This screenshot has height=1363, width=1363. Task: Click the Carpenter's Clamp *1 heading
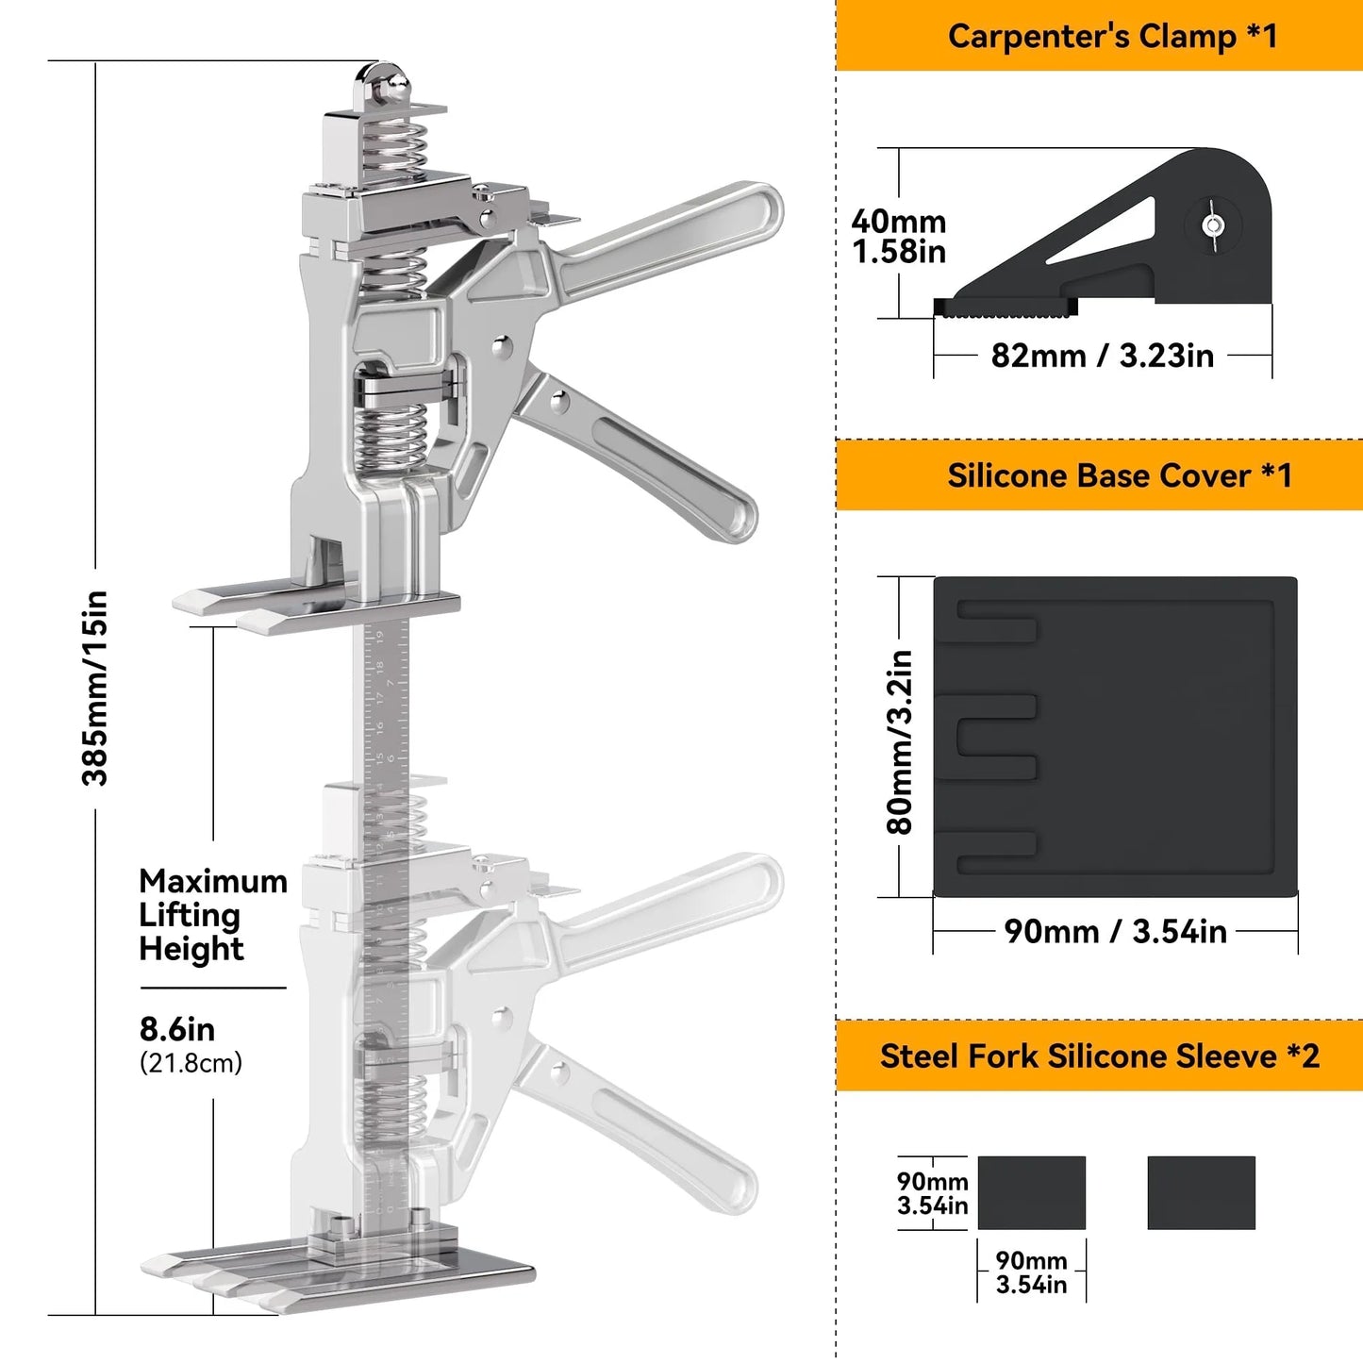click(1112, 36)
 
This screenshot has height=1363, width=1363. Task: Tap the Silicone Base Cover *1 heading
click(1119, 475)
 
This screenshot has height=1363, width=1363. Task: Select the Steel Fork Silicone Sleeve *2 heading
click(1099, 1055)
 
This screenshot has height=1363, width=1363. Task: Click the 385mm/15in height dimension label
click(95, 688)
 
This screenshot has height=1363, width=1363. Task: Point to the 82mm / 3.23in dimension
click(1102, 356)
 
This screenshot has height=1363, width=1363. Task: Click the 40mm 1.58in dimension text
click(898, 236)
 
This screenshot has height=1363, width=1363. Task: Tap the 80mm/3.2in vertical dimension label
click(900, 742)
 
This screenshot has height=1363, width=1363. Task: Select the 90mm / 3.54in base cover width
click(1115, 931)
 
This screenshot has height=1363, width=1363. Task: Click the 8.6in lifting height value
click(177, 1028)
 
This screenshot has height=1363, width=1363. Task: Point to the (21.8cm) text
click(191, 1063)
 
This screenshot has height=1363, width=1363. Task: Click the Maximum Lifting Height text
click(212, 914)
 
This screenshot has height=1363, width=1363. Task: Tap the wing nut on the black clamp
click(1213, 226)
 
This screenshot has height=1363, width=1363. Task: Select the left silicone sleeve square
click(1031, 1192)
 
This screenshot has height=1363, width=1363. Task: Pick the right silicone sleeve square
click(1201, 1192)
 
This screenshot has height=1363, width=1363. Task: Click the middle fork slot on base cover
click(998, 736)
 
